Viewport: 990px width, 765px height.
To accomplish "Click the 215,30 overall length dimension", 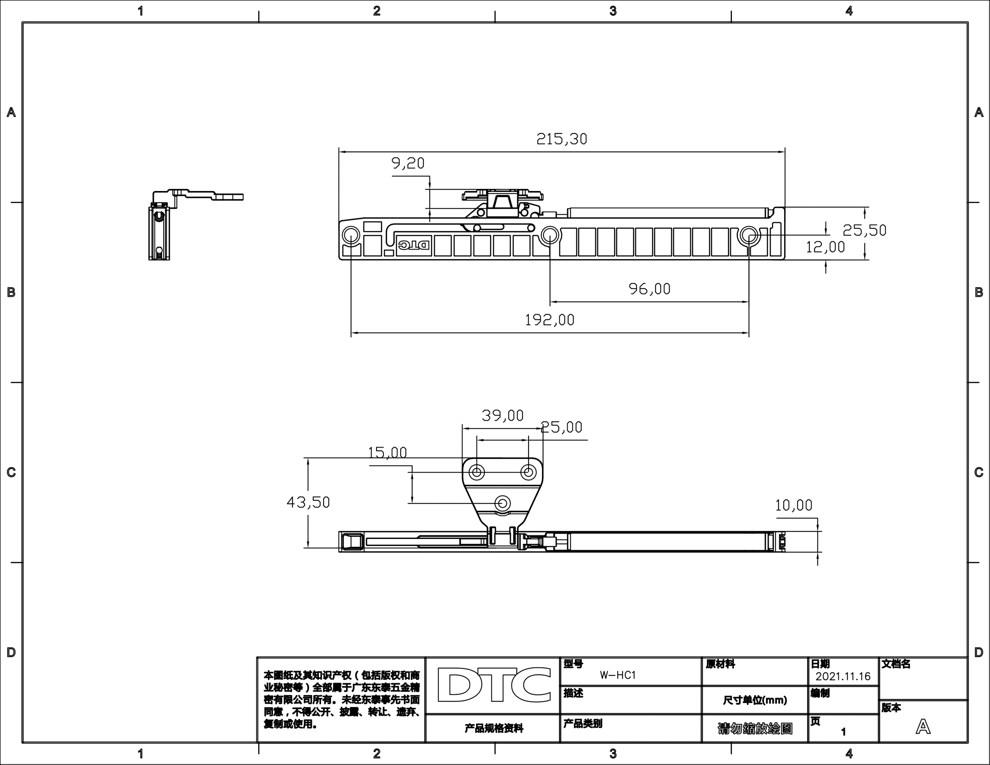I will pyautogui.click(x=562, y=139).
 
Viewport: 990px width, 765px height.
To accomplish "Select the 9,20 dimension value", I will pyautogui.click(x=408, y=163).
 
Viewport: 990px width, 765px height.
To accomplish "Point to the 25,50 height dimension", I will pyautogui.click(x=864, y=230).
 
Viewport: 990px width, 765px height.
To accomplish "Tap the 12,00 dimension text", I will pyautogui.click(x=825, y=247).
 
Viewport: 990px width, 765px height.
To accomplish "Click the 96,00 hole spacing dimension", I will pyautogui.click(x=649, y=289).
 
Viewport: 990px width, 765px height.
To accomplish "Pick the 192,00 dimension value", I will pyautogui.click(x=549, y=320).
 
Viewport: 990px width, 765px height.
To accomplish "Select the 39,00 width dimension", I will pyautogui.click(x=502, y=415).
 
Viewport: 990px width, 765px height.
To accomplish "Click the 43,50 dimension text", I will pyautogui.click(x=308, y=502).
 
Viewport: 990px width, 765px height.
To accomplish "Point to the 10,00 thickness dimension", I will pyautogui.click(x=793, y=505).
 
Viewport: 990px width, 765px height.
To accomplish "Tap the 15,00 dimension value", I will pyautogui.click(x=387, y=452).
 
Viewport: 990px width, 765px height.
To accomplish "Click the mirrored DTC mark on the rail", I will pyautogui.click(x=414, y=245).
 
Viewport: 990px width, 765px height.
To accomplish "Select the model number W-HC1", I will pyautogui.click(x=618, y=675).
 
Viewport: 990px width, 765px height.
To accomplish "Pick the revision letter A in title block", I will pyautogui.click(x=923, y=727).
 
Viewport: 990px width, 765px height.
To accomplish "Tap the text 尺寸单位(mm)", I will pyautogui.click(x=755, y=700).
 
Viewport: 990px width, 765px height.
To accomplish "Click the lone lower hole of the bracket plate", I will pyautogui.click(x=502, y=503).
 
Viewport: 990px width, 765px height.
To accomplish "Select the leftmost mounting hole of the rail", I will pyautogui.click(x=351, y=235).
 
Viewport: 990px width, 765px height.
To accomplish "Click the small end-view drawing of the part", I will pyautogui.click(x=181, y=224).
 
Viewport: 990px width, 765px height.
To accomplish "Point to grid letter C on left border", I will pyautogui.click(x=11, y=472).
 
